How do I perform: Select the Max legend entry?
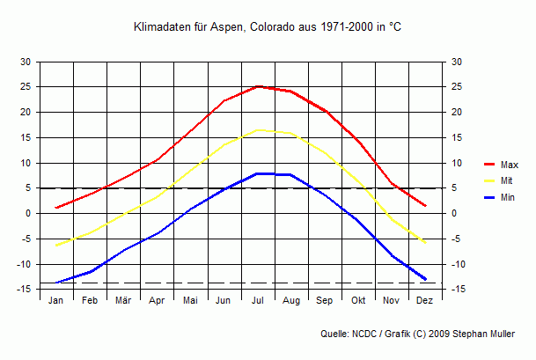click(x=508, y=165)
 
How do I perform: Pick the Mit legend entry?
click(x=507, y=181)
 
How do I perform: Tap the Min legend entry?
click(x=507, y=197)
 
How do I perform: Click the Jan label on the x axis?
click(x=56, y=300)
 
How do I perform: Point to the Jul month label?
click(x=258, y=300)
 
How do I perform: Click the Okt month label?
click(x=358, y=300)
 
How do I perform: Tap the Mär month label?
click(x=123, y=300)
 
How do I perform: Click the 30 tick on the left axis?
click(x=26, y=62)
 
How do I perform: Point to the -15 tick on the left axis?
click(x=24, y=289)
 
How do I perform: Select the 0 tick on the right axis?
click(x=455, y=213)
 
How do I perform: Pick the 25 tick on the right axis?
click(x=457, y=87)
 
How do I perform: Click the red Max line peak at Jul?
click(x=258, y=86)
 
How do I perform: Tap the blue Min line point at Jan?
click(x=56, y=283)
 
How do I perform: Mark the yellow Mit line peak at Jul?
click(x=258, y=130)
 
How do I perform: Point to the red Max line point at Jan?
click(x=56, y=208)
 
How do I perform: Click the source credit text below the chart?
click(x=426, y=334)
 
